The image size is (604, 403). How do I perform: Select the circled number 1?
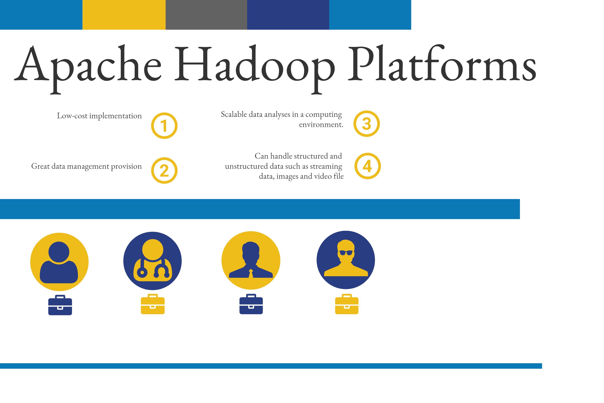(x=164, y=126)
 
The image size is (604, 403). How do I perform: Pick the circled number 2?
(x=164, y=170)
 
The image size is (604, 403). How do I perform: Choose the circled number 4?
(x=368, y=166)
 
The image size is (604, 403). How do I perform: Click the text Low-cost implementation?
(x=99, y=116)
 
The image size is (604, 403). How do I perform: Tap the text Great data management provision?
(x=86, y=166)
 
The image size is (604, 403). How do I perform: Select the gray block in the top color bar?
(x=206, y=15)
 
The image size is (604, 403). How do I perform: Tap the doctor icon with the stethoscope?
(x=153, y=261)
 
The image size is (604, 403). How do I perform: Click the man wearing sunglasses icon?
(x=346, y=260)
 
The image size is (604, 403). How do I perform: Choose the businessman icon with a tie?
(x=251, y=260)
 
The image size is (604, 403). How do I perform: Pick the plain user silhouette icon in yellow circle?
(x=59, y=262)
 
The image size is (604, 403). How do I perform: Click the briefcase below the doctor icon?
(x=153, y=304)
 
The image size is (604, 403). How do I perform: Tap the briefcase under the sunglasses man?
(x=347, y=304)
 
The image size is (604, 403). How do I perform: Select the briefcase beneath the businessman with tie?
(x=251, y=304)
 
